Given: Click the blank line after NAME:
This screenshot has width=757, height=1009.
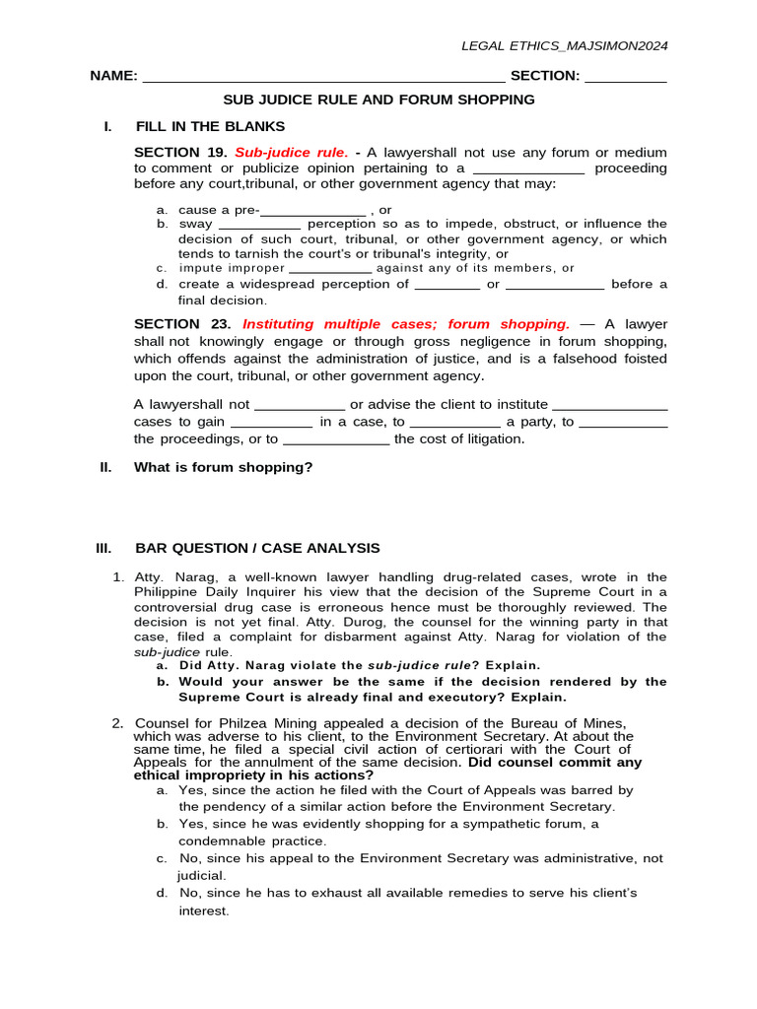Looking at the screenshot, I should click(324, 77).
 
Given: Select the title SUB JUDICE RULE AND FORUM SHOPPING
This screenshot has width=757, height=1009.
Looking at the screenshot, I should click(378, 100).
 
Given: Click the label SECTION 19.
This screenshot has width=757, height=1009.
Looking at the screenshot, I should click(180, 153).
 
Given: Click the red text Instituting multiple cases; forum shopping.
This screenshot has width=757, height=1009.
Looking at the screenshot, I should click(406, 324).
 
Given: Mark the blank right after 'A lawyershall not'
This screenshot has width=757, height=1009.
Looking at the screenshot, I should click(300, 405).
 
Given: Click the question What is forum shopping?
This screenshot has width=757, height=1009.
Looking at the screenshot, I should click(223, 467).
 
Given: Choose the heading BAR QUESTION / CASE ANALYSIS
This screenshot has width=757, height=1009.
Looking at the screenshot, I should click(257, 548).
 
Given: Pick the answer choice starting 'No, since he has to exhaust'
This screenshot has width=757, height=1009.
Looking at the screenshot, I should click(408, 893).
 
